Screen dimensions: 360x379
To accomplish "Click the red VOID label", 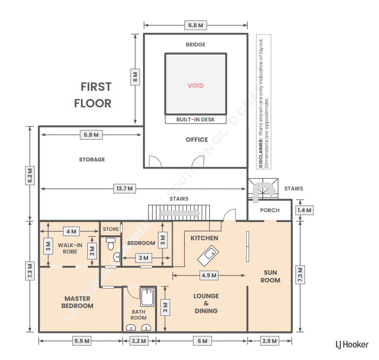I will tap(196, 86).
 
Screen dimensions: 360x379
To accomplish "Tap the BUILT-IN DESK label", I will tap(196, 120).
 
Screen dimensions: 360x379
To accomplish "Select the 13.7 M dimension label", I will tap(124, 189).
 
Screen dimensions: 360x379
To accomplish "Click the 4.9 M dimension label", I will tap(208, 276).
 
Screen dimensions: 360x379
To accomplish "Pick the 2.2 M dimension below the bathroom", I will tap(138, 341).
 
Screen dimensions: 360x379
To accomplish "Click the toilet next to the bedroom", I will tap(111, 244).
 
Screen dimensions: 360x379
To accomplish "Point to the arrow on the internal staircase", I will tap(187, 213).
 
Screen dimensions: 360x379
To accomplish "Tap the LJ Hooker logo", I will tap(352, 345).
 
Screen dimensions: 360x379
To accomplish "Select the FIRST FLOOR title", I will tap(93, 95).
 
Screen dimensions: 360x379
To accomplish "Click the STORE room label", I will tap(111, 229).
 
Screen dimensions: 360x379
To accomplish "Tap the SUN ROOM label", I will tap(270, 276).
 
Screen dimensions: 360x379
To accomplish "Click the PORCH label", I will tap(270, 210).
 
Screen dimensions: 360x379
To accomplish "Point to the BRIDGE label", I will tap(195, 44).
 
